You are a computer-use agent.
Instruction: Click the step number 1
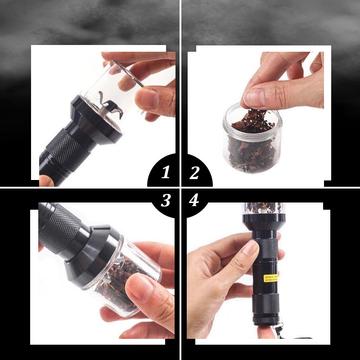[166, 173]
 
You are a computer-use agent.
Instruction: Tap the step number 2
[194, 173]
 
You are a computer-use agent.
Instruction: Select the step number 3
[166, 201]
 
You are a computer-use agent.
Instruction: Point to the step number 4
[194, 201]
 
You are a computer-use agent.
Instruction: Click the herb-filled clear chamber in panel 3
[124, 278]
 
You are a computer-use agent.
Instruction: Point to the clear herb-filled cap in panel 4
[264, 208]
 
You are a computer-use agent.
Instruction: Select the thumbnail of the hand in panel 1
[144, 98]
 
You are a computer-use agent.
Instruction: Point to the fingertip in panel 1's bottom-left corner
[46, 181]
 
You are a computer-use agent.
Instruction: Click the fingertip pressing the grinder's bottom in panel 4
[266, 332]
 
